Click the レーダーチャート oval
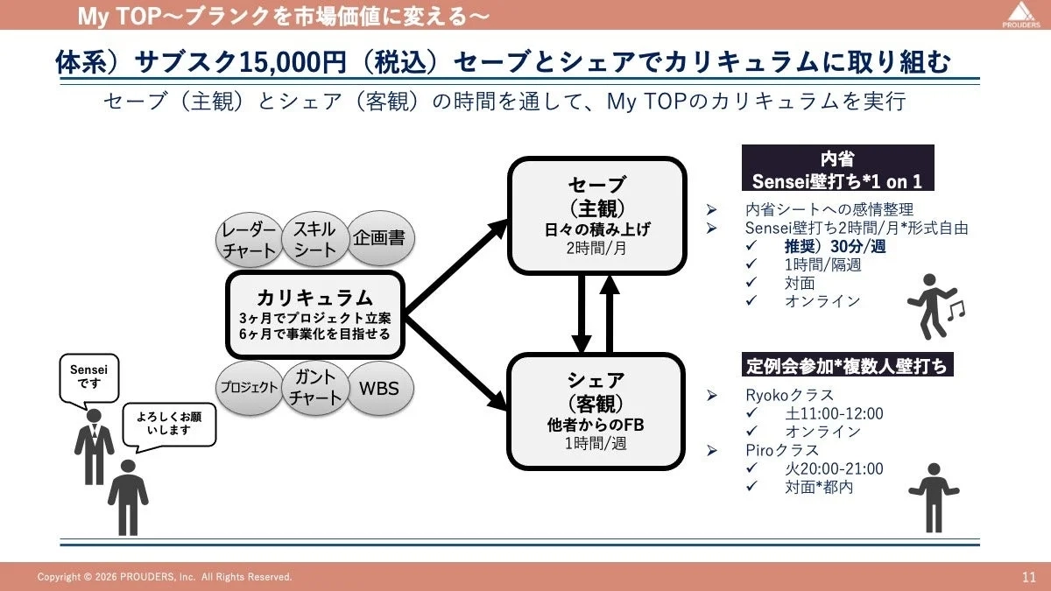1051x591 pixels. coord(250,239)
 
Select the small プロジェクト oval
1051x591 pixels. coord(249,388)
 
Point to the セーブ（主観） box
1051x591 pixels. coord(596,215)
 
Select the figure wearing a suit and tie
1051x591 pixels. coord(94,452)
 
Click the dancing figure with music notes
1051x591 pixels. coord(930,306)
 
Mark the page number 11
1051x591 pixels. coord(1028,577)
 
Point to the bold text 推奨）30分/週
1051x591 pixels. coord(835,247)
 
